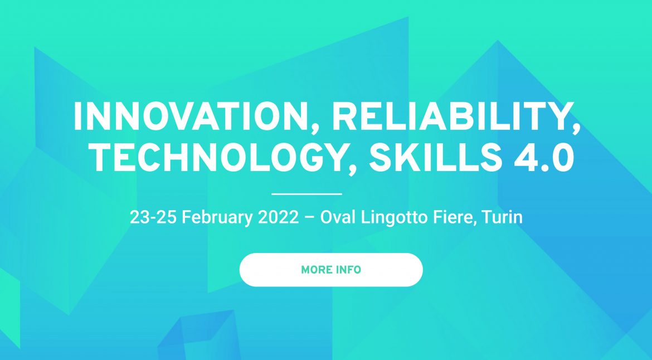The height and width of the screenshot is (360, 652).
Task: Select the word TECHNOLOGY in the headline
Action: tap(216, 158)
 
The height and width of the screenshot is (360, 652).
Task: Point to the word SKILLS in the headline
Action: tap(435, 158)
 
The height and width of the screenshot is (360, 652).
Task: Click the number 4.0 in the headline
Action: tap(544, 158)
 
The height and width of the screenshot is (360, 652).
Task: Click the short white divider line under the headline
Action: tap(306, 194)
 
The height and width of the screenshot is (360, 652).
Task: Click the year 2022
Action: tap(278, 217)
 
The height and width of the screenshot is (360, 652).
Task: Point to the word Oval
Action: tap(337, 217)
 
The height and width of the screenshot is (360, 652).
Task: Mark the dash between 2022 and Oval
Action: tap(309, 218)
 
